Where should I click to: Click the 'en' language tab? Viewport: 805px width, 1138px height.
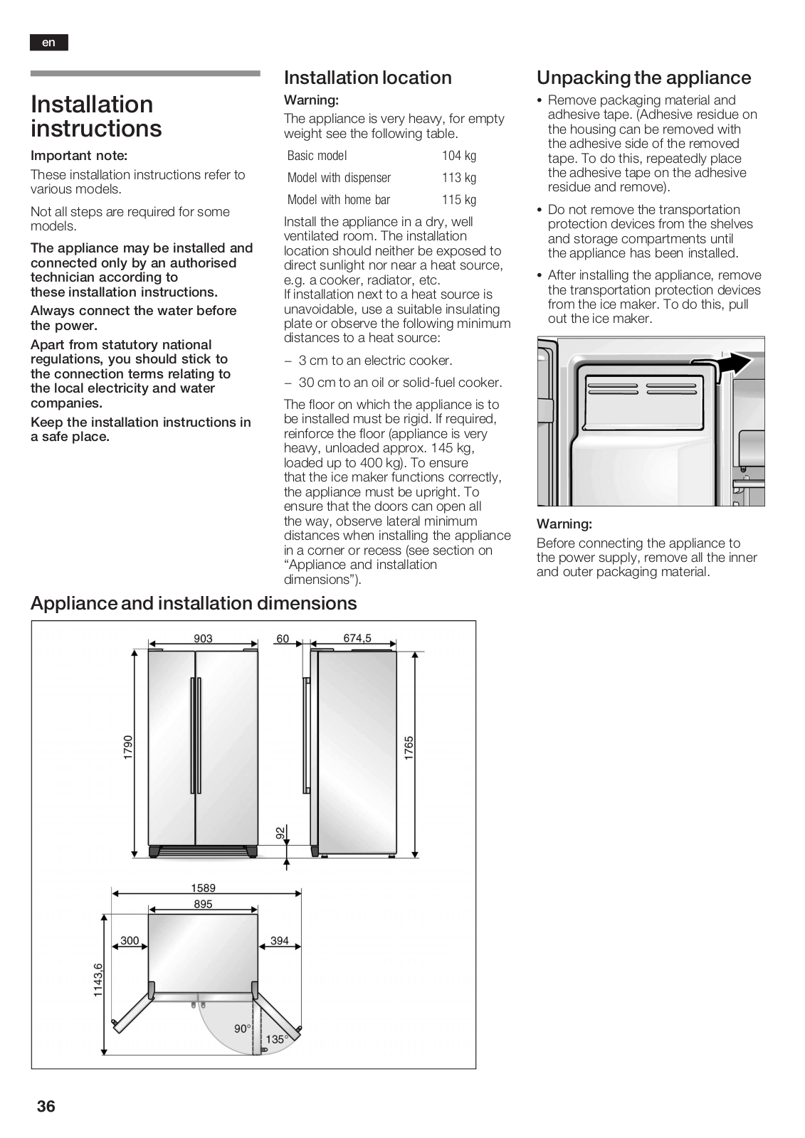(x=48, y=43)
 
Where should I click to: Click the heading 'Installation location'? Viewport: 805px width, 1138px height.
(x=367, y=78)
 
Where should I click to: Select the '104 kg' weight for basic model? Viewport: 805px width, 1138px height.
(x=459, y=156)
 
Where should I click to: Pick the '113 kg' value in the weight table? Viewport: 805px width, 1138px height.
(x=459, y=178)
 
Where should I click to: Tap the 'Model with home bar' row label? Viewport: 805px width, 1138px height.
(x=339, y=200)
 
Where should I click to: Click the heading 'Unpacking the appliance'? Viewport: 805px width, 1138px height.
(x=643, y=78)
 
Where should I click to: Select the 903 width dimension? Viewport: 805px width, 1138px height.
(x=203, y=639)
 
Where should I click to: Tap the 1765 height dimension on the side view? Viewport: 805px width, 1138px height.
(x=409, y=748)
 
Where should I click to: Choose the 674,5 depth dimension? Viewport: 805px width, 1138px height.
(x=357, y=639)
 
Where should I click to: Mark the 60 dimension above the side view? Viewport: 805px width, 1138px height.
(x=283, y=639)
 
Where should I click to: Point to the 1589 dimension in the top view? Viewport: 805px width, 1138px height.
(x=203, y=888)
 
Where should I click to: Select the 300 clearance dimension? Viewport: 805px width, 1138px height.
(x=130, y=940)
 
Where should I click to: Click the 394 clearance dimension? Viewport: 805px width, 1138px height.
(x=280, y=940)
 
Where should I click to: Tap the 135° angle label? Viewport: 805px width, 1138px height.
(x=276, y=1039)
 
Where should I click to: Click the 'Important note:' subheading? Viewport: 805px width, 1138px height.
(x=79, y=156)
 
